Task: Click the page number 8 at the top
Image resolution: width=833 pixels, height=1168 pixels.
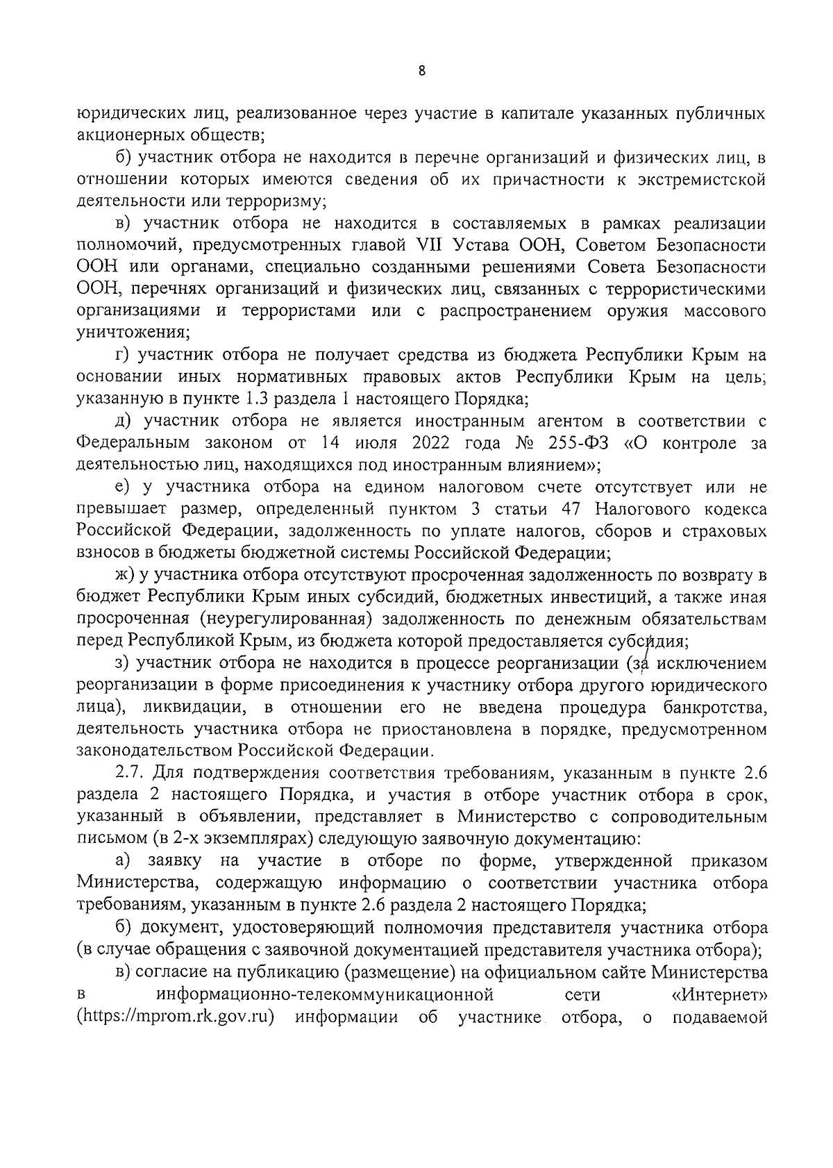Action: click(421, 71)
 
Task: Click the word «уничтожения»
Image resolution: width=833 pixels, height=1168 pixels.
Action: click(131, 333)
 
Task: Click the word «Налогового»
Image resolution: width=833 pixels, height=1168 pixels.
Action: click(641, 509)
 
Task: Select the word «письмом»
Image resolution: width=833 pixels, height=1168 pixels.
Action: click(105, 839)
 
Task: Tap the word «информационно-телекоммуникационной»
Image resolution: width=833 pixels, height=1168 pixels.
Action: click(325, 995)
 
